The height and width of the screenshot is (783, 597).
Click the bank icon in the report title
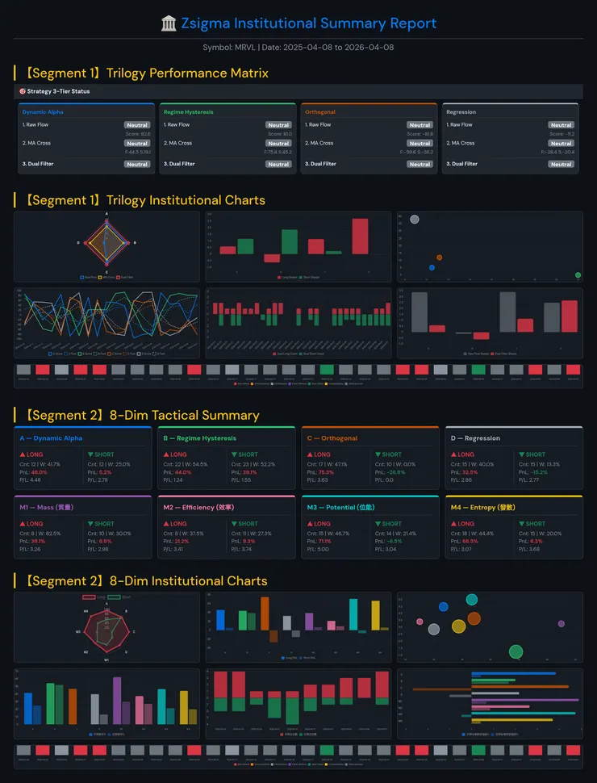tap(169, 23)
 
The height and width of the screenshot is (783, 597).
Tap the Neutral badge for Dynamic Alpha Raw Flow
tap(137, 125)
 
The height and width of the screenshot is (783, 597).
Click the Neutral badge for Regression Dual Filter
tap(562, 164)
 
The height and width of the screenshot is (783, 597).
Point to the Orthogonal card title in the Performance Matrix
tap(320, 112)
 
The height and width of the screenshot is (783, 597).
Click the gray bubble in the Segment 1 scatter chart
tap(415, 220)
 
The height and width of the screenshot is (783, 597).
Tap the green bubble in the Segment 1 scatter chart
tap(578, 275)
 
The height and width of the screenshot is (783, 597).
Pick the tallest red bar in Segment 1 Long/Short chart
tap(360, 237)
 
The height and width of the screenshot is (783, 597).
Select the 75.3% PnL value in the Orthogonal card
tap(326, 472)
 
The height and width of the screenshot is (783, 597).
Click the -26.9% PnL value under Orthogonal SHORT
tap(395, 472)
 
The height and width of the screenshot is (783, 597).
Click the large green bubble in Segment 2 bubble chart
tap(516, 651)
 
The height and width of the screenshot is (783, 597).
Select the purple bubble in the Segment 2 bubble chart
tap(561, 623)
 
